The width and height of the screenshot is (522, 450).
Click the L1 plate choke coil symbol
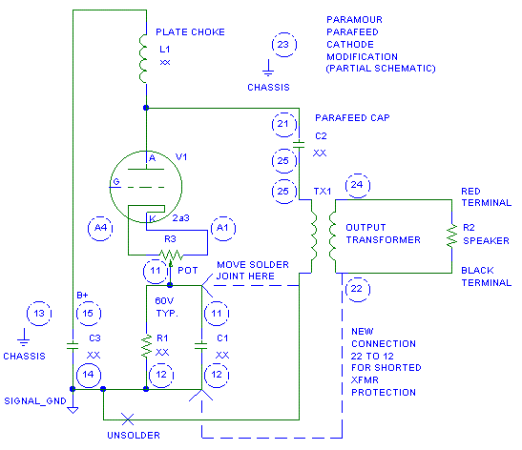(143, 58)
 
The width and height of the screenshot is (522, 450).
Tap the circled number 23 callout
(284, 45)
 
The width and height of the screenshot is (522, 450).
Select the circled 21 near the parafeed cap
(284, 125)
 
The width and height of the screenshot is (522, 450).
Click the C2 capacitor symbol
(299, 145)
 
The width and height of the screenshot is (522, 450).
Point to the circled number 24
(358, 186)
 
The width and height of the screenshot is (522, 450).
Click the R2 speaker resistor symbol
(451, 235)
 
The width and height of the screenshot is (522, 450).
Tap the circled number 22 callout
(357, 290)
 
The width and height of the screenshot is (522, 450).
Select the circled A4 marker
(100, 229)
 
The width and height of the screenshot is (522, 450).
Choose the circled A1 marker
(223, 229)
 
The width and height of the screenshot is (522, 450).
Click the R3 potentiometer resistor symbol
(171, 256)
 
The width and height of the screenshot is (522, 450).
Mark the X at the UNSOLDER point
(128, 419)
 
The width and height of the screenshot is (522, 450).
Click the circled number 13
(39, 314)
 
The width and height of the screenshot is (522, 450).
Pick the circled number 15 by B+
(89, 314)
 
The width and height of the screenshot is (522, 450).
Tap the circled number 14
(89, 376)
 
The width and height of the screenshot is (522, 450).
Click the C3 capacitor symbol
(73, 345)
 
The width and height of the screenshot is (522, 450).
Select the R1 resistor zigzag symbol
(146, 346)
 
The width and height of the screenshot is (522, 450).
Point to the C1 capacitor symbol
(201, 345)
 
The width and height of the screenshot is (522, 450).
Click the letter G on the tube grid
(116, 182)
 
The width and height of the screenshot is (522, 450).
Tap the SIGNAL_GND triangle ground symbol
(73, 410)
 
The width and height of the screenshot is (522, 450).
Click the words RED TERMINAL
(486, 197)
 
